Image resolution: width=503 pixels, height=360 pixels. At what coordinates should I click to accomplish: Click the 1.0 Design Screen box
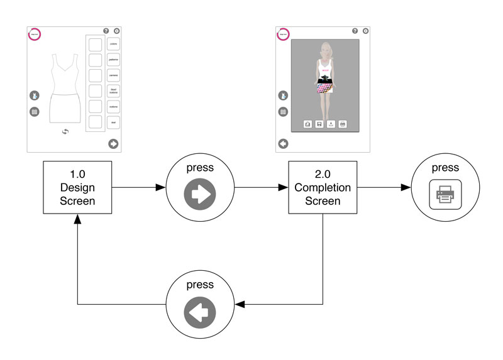[77, 187]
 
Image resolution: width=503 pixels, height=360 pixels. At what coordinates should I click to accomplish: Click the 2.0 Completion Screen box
[323, 187]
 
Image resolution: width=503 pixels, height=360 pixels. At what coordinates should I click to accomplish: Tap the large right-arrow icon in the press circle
[199, 194]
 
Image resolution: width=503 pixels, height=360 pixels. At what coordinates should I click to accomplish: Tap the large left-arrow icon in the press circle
[199, 311]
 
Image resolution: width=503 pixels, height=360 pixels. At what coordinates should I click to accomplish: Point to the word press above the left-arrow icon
[199, 285]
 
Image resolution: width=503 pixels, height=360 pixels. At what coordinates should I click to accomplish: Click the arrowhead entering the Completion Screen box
[283, 187]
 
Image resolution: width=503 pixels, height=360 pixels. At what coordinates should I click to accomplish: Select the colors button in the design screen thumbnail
[114, 44]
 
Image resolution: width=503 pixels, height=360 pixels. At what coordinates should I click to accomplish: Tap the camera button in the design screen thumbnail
[114, 75]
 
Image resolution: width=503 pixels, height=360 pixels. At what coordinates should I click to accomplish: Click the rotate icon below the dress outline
[65, 131]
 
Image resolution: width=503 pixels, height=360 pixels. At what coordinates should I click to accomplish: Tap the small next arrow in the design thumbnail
[113, 143]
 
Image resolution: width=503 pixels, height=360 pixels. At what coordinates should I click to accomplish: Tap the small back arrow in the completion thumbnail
[283, 143]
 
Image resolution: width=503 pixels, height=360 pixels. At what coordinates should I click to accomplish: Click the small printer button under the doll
[343, 124]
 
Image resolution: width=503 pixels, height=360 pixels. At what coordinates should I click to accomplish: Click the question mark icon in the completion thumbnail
[355, 30]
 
